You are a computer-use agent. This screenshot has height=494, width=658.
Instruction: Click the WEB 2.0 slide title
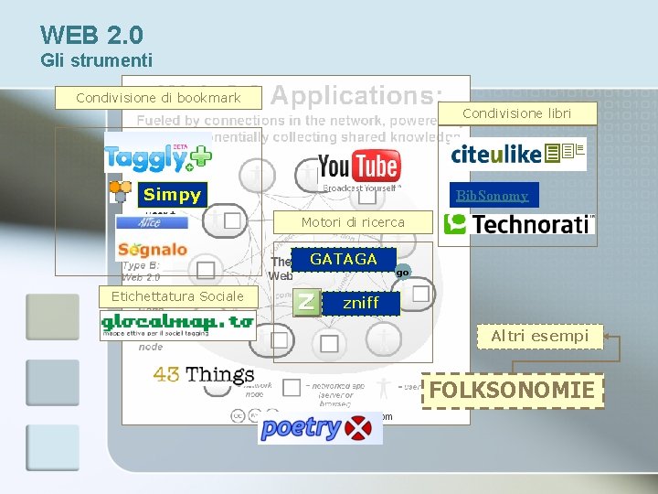pos(91,36)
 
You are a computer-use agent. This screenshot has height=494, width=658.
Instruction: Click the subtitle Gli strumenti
pos(96,61)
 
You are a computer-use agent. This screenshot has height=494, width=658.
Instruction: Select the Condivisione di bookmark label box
pos(158,98)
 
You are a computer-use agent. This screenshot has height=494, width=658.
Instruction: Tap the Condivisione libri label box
pos(516,113)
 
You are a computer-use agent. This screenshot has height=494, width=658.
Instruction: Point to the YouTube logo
pos(358,167)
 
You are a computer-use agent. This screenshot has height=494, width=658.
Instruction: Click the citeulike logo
pos(518,154)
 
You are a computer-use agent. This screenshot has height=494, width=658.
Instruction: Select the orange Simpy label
pos(172,195)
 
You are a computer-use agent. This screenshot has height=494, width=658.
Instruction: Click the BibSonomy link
pos(493,195)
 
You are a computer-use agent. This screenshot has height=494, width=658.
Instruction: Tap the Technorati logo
pos(518,224)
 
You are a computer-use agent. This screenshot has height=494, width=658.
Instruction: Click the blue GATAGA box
pos(344,260)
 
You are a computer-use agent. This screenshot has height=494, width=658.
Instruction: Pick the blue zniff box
pos(360,303)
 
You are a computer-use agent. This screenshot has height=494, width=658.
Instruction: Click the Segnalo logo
pos(153,250)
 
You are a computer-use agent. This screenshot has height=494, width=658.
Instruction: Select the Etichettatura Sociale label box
pos(177,296)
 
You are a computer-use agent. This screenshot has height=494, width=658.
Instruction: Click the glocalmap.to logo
pos(177,325)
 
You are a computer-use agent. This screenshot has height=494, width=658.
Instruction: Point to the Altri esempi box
pos(539,337)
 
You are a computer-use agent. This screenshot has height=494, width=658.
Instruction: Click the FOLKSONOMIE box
pos(512,391)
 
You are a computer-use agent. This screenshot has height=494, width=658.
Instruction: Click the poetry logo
pos(320,428)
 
